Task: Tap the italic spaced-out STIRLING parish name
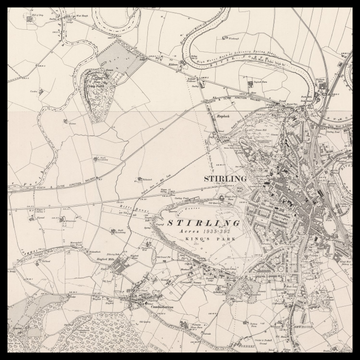point(203,222)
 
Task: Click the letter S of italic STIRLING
point(171,222)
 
